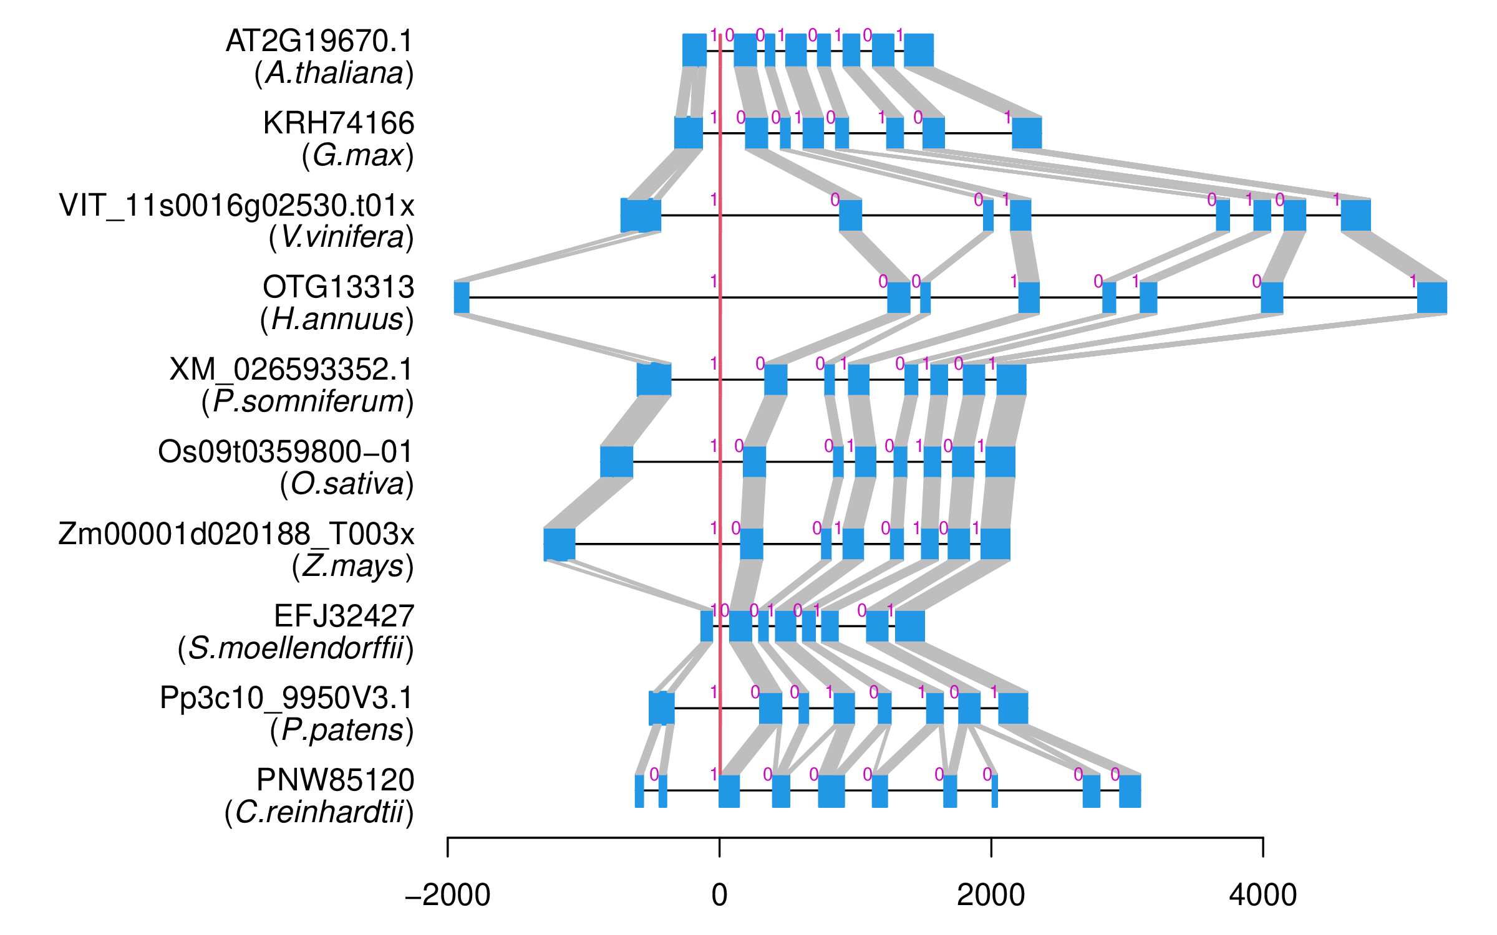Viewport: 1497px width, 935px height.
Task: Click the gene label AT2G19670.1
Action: point(319,42)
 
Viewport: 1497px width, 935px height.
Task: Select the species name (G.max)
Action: point(357,155)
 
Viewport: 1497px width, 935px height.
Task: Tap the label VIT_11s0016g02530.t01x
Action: point(236,206)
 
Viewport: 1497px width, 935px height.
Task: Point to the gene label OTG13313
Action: point(338,287)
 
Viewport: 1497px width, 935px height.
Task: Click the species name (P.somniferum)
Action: point(308,401)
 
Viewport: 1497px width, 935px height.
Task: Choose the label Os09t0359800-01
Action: point(285,452)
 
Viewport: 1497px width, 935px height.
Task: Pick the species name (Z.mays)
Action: point(352,566)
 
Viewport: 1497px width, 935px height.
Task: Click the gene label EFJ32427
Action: point(344,616)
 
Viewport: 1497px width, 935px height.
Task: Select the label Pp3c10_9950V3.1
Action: point(286,698)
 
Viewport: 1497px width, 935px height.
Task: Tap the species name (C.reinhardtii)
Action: point(319,812)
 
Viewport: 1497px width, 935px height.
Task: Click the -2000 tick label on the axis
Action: point(447,896)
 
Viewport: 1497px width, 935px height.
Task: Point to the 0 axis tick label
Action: point(719,896)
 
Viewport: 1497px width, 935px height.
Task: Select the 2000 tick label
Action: point(991,896)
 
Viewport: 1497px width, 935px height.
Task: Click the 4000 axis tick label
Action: point(1263,896)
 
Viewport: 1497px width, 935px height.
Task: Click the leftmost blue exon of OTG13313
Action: point(462,297)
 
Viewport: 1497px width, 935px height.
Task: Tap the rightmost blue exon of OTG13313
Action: point(1432,297)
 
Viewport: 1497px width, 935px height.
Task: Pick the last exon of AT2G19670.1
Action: point(918,50)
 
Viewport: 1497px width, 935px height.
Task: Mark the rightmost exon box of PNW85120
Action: point(1130,790)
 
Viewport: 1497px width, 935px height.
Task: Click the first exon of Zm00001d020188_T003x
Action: point(559,544)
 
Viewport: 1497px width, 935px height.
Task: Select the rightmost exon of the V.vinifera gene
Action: point(1355,215)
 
